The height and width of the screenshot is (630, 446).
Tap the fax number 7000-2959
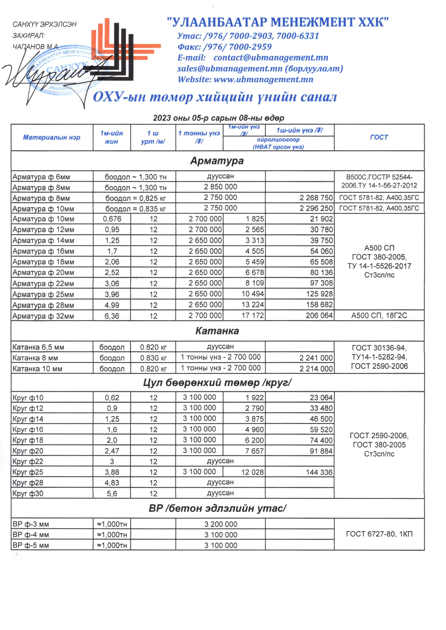[250, 47]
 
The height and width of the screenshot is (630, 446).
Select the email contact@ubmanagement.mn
[271, 58]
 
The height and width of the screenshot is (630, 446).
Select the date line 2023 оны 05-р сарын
[218, 118]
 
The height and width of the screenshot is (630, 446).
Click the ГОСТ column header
[379, 137]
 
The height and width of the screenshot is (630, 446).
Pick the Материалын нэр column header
[52, 137]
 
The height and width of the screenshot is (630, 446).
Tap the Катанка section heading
[217, 331]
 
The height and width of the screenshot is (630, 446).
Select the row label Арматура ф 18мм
[43, 262]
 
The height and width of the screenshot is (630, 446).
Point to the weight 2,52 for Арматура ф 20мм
[112, 273]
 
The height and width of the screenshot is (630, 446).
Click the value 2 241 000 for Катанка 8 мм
[316, 358]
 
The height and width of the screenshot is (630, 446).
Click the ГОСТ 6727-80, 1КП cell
[379, 534]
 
